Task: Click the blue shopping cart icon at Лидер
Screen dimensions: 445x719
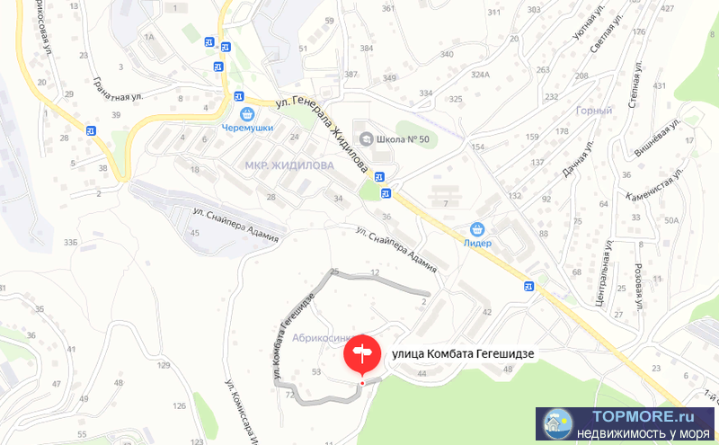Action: coord(477,229)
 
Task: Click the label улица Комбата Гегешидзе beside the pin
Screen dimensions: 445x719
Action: coord(463,354)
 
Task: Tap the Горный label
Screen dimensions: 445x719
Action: coord(593,111)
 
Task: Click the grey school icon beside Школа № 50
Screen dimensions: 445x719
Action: coord(366,138)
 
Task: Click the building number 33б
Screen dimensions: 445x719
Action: coord(71,243)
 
